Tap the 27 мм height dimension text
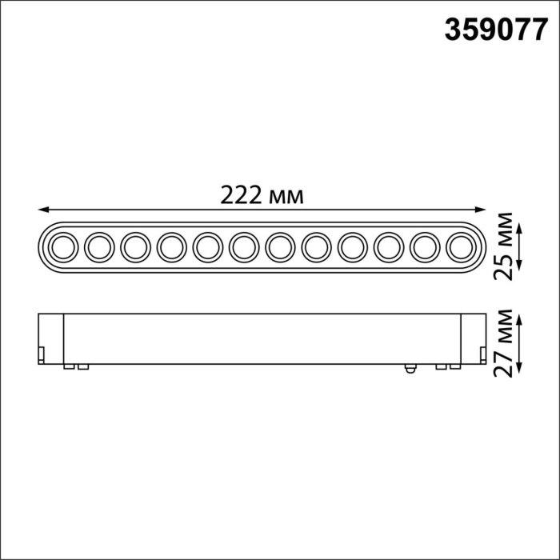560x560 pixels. click(503, 342)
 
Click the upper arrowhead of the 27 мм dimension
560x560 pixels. click(521, 317)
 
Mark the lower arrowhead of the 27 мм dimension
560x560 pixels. click(521, 367)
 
